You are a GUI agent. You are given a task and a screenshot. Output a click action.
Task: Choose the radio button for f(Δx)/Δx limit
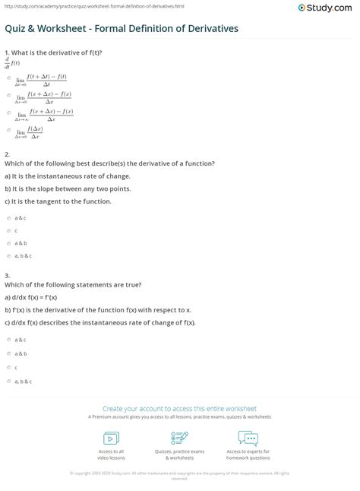(8, 131)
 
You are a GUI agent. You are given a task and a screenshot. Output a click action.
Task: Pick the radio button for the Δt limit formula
(8, 78)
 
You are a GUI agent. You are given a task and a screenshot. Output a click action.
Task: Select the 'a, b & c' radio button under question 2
(8, 255)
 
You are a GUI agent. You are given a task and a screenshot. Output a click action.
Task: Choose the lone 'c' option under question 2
(8, 230)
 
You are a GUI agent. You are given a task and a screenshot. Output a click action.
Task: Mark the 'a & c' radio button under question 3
(8, 340)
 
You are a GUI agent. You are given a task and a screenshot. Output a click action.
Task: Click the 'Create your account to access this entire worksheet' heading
(179, 408)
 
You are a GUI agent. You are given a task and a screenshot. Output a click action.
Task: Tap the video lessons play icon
(111, 438)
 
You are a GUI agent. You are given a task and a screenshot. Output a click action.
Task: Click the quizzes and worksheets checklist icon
(179, 438)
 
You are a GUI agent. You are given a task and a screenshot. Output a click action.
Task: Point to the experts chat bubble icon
(248, 438)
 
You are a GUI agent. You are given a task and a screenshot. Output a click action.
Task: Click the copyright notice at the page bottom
(179, 475)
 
